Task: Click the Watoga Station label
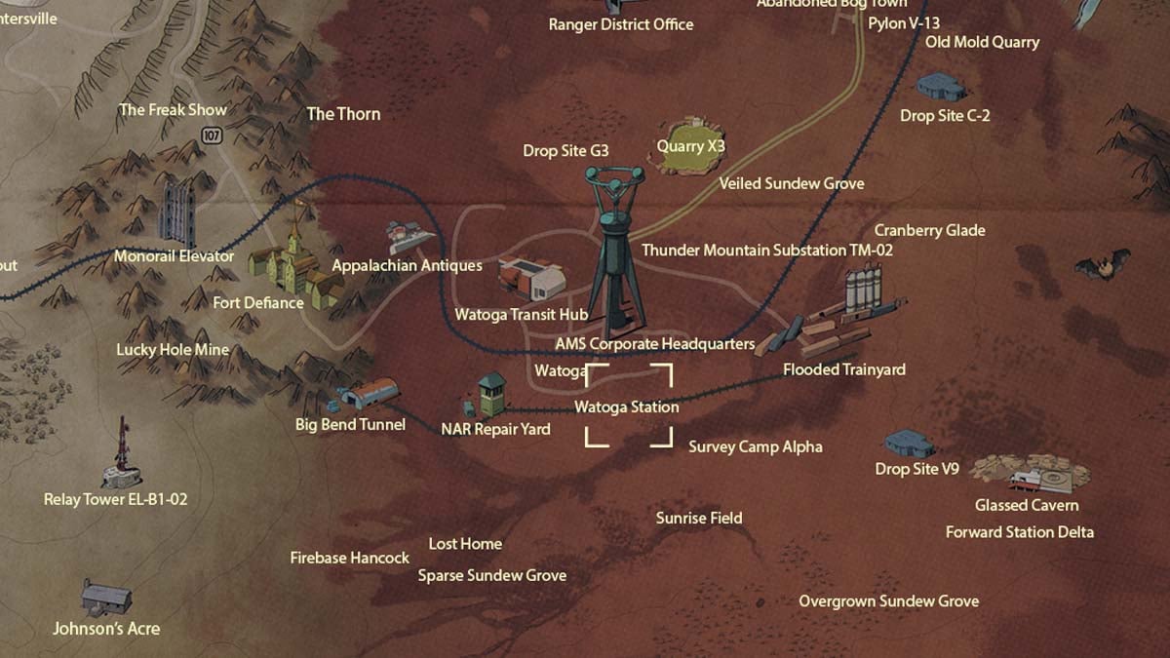[626, 406]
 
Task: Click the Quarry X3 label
[690, 146]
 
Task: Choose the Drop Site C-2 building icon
[941, 86]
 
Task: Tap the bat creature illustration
[1102, 264]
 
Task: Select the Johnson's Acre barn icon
[105, 596]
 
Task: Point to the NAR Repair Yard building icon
[487, 394]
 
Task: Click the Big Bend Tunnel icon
[368, 395]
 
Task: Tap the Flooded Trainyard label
[843, 369]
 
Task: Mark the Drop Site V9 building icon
[909, 444]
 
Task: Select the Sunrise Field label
[699, 518]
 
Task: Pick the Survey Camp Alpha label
[756, 446]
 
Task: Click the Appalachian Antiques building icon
[410, 235]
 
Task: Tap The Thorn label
[343, 114]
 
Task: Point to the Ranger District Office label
[621, 24]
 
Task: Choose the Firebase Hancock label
[350, 558]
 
